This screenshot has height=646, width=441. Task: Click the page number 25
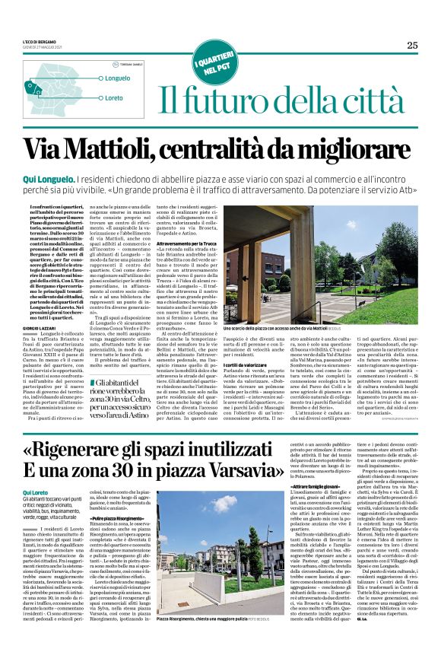point(412,45)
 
